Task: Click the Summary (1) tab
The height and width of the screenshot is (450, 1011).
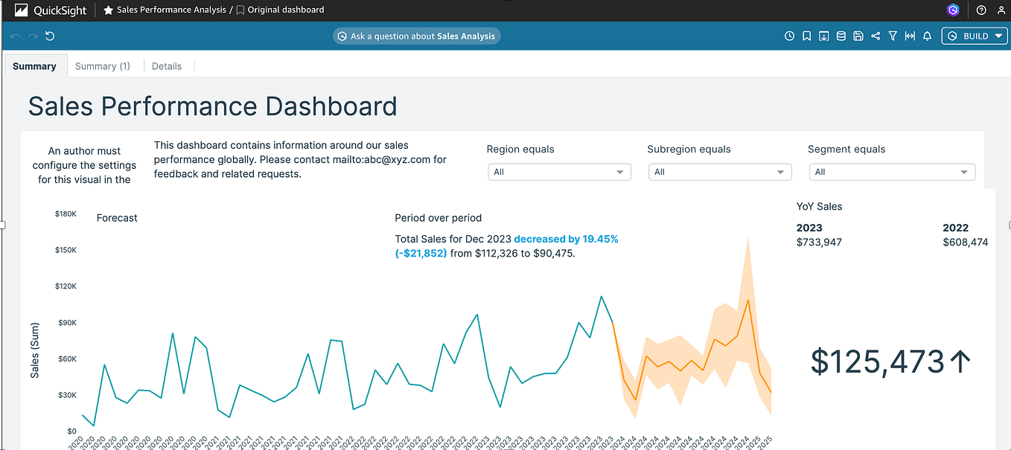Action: click(x=103, y=66)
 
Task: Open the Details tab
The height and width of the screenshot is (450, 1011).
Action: click(x=167, y=66)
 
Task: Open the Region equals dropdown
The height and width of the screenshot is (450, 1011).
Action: click(x=559, y=172)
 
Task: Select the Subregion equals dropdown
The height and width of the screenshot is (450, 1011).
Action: click(x=720, y=172)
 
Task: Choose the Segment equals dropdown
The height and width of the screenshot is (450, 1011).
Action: click(x=892, y=172)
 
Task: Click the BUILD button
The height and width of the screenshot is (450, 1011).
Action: click(x=974, y=36)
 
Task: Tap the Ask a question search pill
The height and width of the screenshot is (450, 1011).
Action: click(x=417, y=36)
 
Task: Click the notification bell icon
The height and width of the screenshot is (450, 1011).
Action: click(x=927, y=36)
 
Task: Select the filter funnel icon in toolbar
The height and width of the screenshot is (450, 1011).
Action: click(x=893, y=36)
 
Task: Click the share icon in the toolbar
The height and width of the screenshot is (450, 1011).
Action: click(x=876, y=36)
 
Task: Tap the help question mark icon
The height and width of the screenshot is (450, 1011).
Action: click(x=981, y=10)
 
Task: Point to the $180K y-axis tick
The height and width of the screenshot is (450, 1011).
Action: click(x=66, y=213)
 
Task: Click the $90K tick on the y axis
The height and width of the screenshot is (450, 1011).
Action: click(x=67, y=322)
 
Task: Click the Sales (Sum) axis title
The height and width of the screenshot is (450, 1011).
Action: click(x=35, y=350)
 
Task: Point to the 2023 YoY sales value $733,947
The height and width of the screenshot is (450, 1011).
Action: click(x=819, y=242)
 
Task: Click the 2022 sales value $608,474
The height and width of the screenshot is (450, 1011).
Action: click(x=965, y=242)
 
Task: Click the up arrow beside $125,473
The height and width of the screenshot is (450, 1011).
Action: click(x=960, y=361)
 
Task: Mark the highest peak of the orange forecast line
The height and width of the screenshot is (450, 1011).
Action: click(x=748, y=300)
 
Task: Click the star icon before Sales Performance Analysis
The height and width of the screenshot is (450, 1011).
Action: click(x=109, y=10)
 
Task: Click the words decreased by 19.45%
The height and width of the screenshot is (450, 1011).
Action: click(x=566, y=239)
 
